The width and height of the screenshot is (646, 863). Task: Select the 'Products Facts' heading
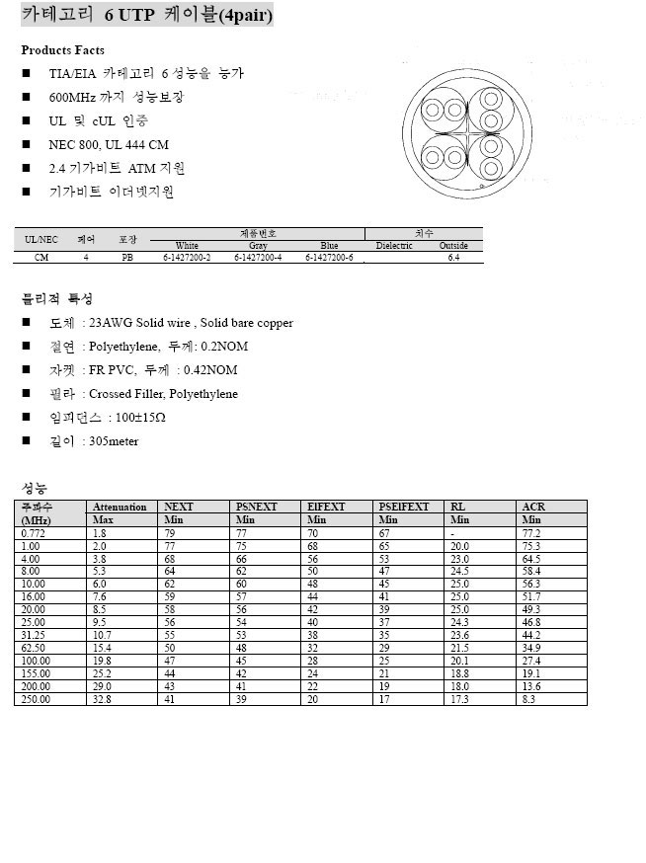point(62,50)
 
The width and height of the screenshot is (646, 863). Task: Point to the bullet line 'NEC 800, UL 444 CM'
point(109,145)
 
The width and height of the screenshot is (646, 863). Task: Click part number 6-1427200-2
point(187,257)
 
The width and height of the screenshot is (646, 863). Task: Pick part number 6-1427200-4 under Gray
point(258,257)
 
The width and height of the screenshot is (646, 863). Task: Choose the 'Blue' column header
point(329,245)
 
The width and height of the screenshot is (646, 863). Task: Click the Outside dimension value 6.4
point(453,257)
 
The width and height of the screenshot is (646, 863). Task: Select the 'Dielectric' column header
point(394,245)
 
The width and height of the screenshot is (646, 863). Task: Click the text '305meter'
point(114,441)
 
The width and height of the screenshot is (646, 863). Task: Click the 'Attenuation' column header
point(120,507)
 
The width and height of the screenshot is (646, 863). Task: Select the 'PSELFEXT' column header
point(404,507)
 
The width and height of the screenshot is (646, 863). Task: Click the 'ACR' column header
point(533,507)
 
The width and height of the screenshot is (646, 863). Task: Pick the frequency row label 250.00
point(36,699)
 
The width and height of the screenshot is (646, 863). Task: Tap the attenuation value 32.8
point(102,699)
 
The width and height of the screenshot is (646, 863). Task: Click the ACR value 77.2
point(531,532)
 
